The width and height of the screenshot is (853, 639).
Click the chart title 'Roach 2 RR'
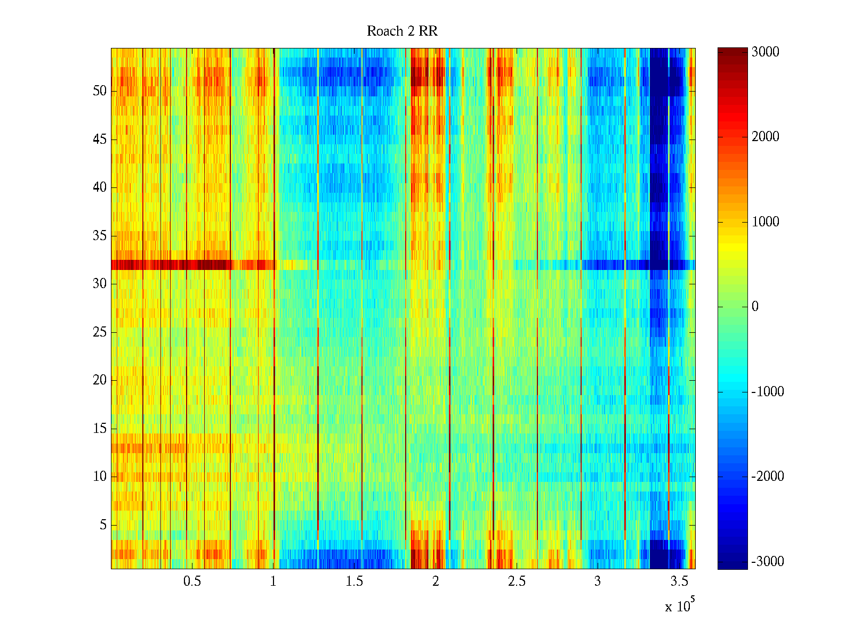[402, 31]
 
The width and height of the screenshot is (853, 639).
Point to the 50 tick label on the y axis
[99, 91]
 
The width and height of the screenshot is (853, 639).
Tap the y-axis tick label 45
[99, 140]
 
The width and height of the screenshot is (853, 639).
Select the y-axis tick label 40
[99, 187]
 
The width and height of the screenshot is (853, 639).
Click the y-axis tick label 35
[99, 236]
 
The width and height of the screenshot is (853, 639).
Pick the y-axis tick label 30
[99, 284]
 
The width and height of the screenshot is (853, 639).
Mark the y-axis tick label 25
[99, 332]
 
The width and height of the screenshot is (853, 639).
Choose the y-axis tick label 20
[99, 380]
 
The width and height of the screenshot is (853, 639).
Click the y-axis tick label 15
[99, 429]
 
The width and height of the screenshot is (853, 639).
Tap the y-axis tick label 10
[99, 477]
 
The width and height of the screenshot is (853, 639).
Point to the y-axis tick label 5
[103, 525]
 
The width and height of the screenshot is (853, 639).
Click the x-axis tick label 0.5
[192, 581]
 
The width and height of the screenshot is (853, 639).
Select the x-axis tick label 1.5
[354, 581]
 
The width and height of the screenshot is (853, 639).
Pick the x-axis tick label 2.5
[516, 581]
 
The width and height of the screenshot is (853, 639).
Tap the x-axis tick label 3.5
[678, 581]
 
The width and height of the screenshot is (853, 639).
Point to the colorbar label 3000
[765, 52]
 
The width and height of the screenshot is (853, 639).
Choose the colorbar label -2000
[767, 477]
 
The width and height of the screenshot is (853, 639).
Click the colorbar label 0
[755, 307]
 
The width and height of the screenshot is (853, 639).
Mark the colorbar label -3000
[767, 562]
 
